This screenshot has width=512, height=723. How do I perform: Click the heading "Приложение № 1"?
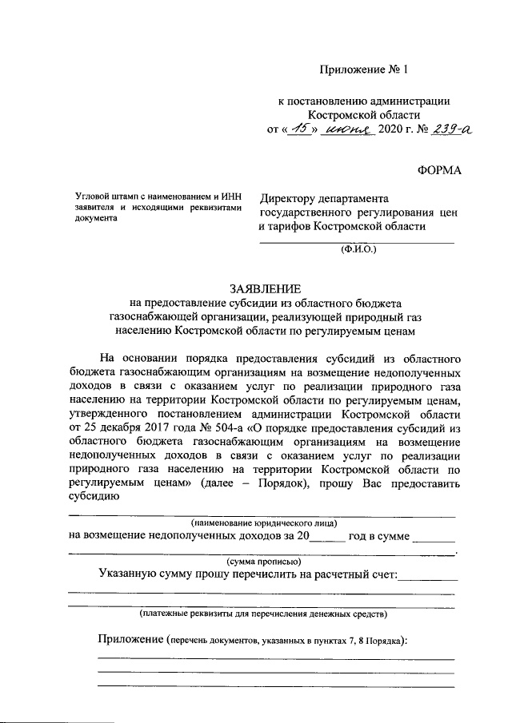point(363,70)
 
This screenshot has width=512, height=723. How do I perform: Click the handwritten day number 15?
point(299,128)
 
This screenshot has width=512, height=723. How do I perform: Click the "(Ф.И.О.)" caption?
point(356,249)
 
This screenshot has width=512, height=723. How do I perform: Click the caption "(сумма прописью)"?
point(264,562)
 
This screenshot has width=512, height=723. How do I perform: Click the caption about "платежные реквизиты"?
point(263,614)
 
